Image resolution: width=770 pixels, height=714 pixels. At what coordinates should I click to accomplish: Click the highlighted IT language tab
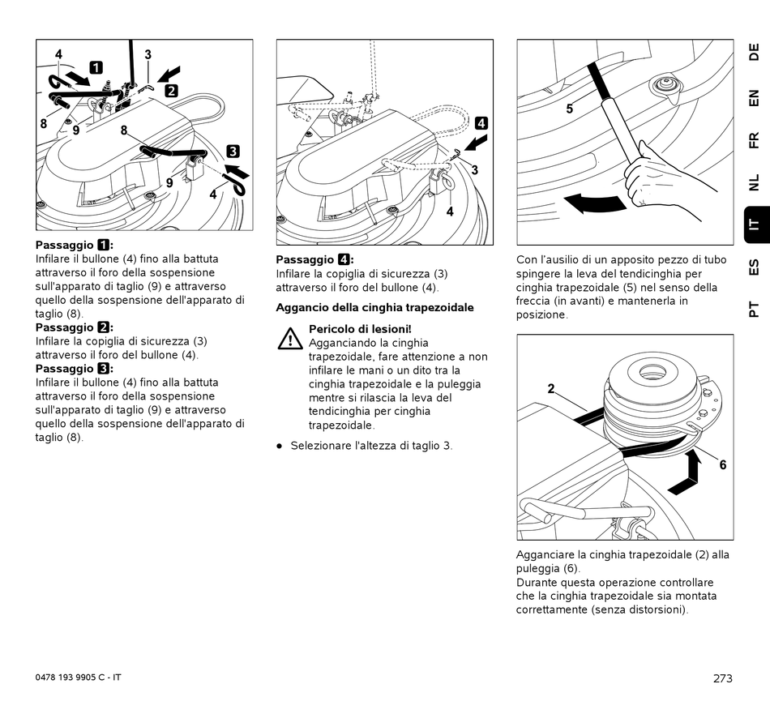tap(754, 225)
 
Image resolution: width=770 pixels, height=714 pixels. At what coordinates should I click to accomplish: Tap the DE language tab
tap(754, 53)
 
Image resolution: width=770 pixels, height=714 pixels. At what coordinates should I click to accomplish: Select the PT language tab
tap(754, 309)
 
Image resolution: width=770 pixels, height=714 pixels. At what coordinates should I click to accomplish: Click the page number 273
tap(723, 678)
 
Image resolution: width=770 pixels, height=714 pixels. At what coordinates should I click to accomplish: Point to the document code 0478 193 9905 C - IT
tap(79, 677)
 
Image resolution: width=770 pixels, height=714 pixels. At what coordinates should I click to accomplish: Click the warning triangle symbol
tap(289, 339)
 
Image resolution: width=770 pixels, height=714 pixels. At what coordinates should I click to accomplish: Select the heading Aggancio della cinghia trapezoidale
tap(375, 307)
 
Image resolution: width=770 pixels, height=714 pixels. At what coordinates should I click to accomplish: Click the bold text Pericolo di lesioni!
tap(360, 328)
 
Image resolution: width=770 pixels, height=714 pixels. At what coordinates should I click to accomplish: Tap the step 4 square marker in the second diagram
tap(481, 123)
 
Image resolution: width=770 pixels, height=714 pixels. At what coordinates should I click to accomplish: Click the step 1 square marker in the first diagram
tap(96, 67)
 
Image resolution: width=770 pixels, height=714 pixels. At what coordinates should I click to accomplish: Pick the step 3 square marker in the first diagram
tap(233, 150)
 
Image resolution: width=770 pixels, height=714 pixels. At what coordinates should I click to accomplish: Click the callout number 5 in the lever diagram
tap(569, 109)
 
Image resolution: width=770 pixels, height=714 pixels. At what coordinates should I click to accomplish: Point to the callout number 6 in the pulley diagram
tap(723, 464)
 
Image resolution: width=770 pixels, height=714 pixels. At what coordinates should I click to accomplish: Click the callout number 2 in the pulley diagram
tap(550, 388)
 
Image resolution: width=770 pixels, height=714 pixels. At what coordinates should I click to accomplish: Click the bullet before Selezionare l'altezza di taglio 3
tap(280, 446)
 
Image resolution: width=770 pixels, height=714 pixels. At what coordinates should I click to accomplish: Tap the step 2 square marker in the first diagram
tap(172, 90)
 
